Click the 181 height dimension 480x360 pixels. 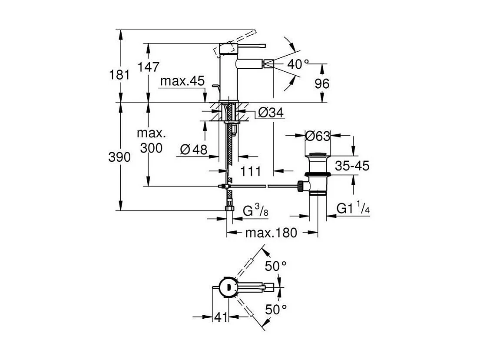(119, 74)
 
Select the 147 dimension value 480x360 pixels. (149, 67)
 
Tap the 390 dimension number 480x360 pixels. (119, 157)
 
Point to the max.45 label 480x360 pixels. (182, 81)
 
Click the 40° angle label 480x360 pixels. (298, 64)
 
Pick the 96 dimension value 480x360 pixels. (322, 83)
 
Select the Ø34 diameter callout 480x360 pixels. (270, 113)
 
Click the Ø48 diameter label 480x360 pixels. (193, 150)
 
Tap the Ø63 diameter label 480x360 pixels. (317, 136)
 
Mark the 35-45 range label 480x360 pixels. (352, 166)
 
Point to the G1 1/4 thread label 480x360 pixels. (353, 210)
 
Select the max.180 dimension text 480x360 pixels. (271, 233)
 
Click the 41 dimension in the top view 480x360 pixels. (221, 318)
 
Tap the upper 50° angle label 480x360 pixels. (276, 266)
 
